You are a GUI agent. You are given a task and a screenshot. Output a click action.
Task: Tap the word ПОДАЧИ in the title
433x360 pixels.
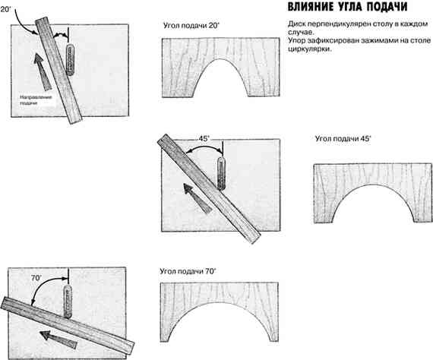point(387,7)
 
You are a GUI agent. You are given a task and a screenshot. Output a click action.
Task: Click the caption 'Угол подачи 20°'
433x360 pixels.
point(191,26)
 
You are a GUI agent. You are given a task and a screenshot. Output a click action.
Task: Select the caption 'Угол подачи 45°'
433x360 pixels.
point(343,138)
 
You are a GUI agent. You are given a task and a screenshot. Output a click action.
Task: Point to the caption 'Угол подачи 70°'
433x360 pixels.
point(188,271)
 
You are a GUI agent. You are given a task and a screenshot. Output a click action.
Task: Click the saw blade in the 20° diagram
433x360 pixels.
point(71,59)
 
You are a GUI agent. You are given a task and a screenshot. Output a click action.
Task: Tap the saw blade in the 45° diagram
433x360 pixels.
point(221,174)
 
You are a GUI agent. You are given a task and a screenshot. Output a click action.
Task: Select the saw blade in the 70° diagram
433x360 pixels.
point(68,302)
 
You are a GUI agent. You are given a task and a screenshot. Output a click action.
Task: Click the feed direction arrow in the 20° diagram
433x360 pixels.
point(42,71)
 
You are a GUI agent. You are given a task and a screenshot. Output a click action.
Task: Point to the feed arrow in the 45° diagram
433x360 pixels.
point(197,198)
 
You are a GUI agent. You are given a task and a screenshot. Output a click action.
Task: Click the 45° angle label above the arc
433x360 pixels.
point(204,138)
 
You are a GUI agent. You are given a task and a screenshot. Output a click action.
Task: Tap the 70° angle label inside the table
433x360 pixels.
point(36,278)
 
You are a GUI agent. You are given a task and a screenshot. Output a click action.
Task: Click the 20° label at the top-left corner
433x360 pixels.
point(5,9)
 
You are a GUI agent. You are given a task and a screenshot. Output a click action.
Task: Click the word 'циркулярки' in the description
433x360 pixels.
point(309,49)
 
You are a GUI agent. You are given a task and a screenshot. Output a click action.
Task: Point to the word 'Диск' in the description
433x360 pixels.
point(296,24)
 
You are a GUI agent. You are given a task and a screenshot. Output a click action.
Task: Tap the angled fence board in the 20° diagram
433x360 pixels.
point(58,70)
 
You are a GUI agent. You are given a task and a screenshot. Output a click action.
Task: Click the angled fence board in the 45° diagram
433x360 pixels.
point(209,189)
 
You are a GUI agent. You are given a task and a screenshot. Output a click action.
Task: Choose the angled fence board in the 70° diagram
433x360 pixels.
point(68,325)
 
